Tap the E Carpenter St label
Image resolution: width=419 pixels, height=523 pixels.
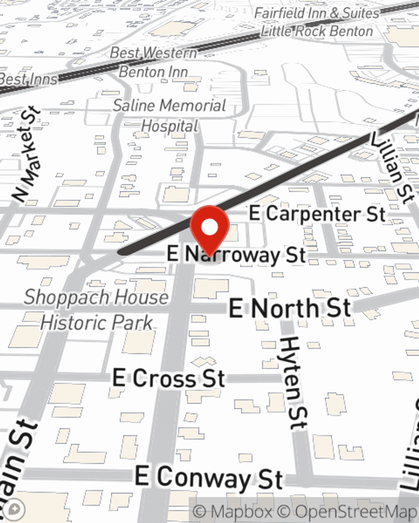[x=317, y=214]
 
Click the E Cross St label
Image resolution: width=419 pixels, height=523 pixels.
[x=169, y=379]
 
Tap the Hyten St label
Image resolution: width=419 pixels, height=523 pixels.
[x=295, y=383]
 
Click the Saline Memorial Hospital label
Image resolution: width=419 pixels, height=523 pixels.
[x=170, y=115]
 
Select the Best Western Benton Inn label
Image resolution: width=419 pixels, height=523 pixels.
[x=153, y=62]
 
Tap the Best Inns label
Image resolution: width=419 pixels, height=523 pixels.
[x=28, y=79]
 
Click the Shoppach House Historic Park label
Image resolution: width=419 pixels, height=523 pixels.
[x=96, y=310]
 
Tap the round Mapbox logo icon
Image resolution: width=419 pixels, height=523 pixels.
[x=15, y=510]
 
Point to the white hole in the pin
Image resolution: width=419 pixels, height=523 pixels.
[x=209, y=227]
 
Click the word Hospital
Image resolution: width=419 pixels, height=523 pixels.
[x=170, y=126]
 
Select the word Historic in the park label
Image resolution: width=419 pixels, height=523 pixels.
[x=74, y=323]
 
